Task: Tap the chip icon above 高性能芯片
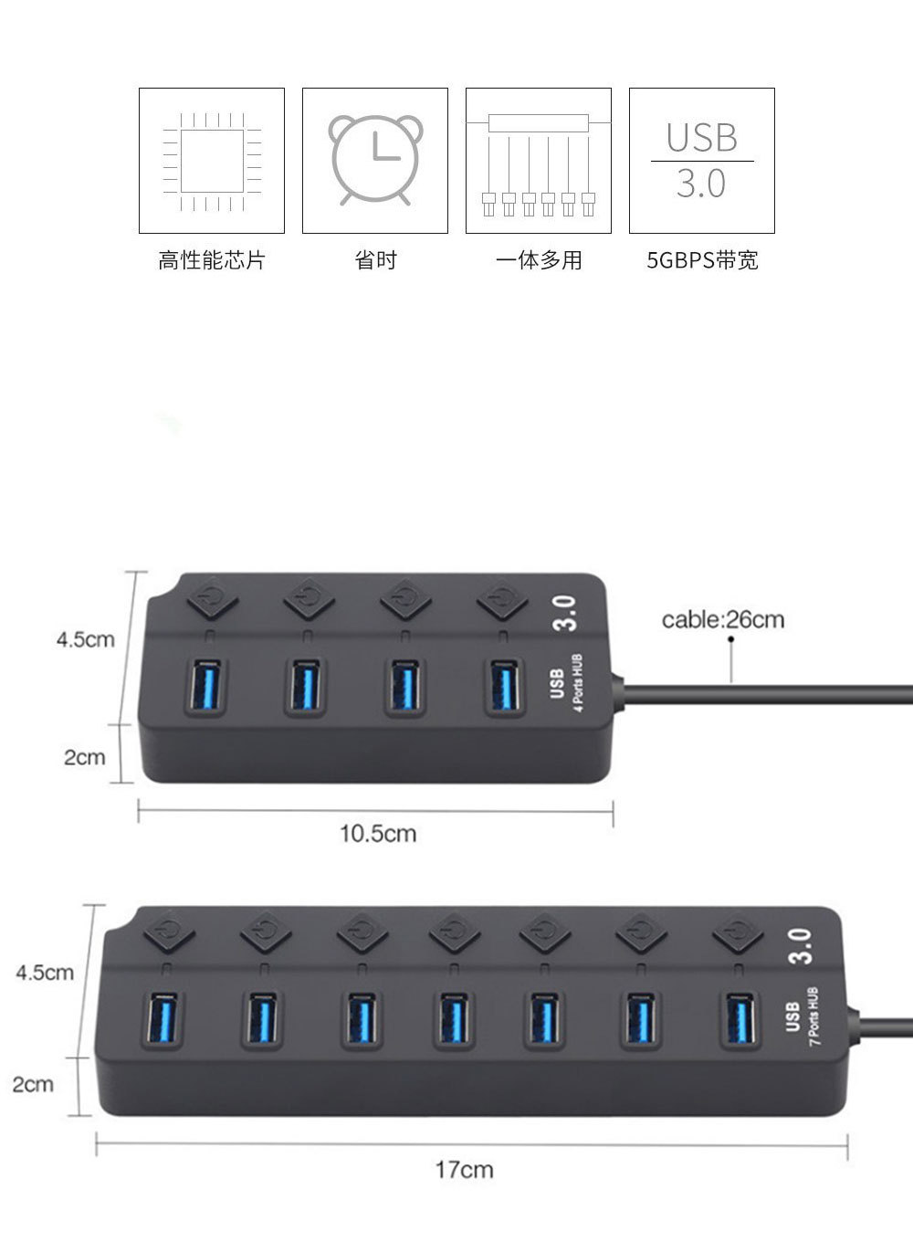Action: coord(212,161)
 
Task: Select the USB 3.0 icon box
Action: coord(701,161)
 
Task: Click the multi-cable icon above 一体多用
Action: coord(538,161)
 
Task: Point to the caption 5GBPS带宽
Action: coord(702,261)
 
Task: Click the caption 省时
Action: coord(375,261)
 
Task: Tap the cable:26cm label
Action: coord(722,620)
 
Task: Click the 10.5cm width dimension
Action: coord(378,833)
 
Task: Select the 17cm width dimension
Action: coord(464,1169)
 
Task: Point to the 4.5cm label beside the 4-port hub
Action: coord(86,639)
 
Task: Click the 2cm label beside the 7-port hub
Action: coord(33,1084)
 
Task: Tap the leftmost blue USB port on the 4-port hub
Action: coord(207,686)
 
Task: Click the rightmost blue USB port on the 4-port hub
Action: coord(505,686)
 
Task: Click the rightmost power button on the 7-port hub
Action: coord(739,932)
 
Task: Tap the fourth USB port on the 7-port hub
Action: coord(452,1019)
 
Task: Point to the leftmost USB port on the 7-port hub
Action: coord(162,1019)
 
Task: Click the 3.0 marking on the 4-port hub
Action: coord(565,613)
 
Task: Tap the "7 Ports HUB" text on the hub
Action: coord(814,1016)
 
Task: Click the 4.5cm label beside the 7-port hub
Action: coord(45,973)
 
